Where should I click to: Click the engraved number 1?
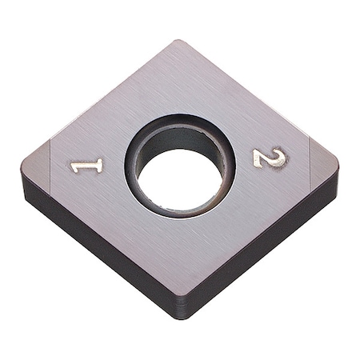86,166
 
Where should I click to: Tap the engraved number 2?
270,158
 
